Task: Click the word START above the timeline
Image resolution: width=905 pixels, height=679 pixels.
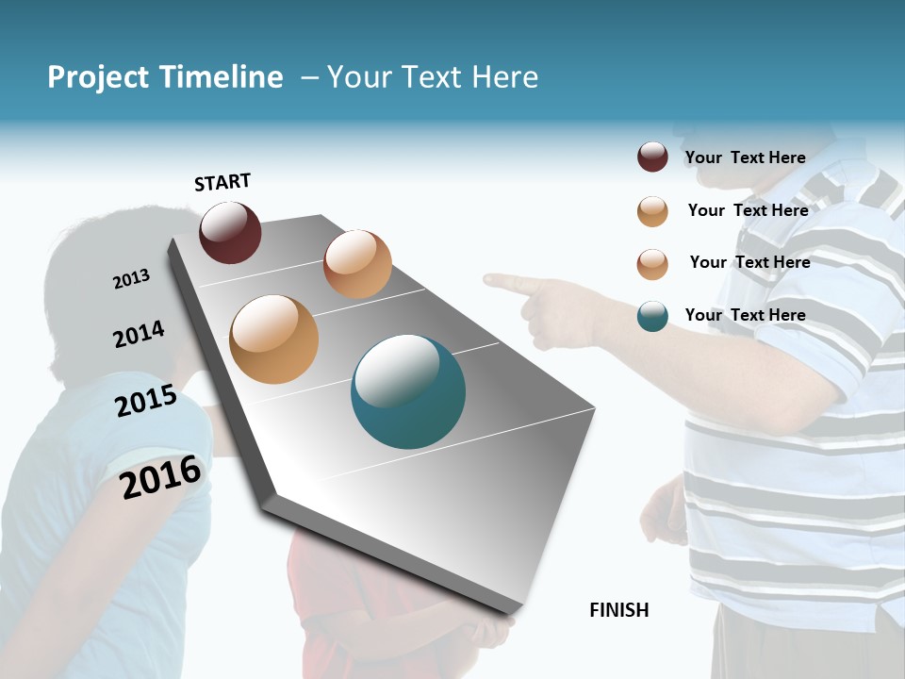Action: tap(222, 181)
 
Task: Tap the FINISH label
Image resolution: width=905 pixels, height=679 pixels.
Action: tap(619, 610)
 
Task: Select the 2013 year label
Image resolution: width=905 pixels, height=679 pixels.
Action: tap(131, 279)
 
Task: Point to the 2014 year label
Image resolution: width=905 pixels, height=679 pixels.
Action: tap(139, 335)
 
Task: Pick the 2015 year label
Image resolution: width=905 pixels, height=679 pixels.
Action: tap(146, 401)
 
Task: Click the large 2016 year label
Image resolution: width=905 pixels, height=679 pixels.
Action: tap(160, 477)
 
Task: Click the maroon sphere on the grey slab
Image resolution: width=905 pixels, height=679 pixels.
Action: tap(230, 232)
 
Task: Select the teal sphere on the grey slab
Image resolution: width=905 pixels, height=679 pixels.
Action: tap(407, 391)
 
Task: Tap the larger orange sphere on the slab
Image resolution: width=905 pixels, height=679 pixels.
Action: tap(273, 339)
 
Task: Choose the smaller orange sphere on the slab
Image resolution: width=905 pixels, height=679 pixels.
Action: tap(357, 264)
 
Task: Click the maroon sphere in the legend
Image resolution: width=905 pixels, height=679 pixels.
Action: tap(652, 157)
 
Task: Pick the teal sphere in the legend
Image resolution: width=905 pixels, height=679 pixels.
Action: tap(652, 316)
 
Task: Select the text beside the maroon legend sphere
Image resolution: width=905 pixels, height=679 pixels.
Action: tap(745, 157)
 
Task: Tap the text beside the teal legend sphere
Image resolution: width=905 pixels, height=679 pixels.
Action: tap(745, 315)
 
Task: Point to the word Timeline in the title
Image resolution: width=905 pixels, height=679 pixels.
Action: tap(221, 77)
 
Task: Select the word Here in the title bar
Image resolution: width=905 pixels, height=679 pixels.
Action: tap(503, 77)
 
